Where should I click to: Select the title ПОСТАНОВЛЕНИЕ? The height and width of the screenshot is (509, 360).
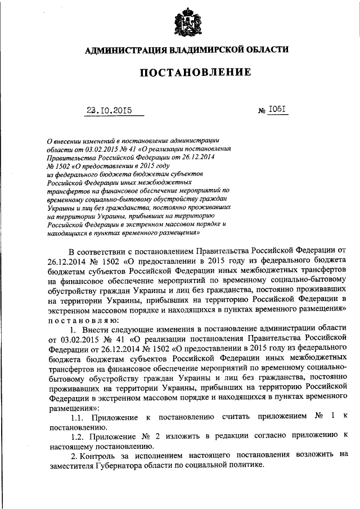click(x=187, y=73)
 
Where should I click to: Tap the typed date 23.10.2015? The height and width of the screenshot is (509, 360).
click(x=109, y=111)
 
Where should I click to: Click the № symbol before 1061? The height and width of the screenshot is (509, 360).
click(x=262, y=111)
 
